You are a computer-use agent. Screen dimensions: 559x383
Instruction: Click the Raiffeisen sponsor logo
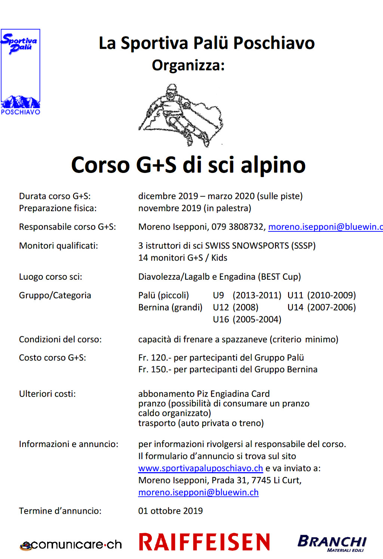tap(204, 542)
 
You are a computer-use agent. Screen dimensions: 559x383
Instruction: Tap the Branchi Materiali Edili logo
tap(332, 543)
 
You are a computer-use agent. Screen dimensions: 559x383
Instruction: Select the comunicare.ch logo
tap(71, 545)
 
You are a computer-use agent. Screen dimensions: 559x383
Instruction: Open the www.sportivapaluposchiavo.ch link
tap(200, 468)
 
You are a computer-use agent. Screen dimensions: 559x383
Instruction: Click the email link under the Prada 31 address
tap(198, 492)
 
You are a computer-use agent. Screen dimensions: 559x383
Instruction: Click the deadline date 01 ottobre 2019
tap(171, 511)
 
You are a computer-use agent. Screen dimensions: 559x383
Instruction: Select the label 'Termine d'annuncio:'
tap(60, 511)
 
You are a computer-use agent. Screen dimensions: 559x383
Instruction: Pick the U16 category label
tap(221, 319)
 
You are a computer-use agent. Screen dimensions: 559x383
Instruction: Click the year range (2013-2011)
tap(257, 295)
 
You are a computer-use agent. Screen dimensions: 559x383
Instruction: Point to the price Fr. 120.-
tap(154, 358)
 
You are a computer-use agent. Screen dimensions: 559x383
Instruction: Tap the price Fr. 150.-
tap(154, 370)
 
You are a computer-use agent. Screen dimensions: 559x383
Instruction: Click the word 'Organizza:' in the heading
tap(188, 66)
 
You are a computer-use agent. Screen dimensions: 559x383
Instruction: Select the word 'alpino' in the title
tap(273, 165)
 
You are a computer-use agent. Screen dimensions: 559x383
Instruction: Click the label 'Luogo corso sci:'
tap(50, 277)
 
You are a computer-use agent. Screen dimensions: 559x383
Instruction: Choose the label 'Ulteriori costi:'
tap(47, 394)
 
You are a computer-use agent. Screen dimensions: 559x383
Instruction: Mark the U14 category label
tap(295, 307)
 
